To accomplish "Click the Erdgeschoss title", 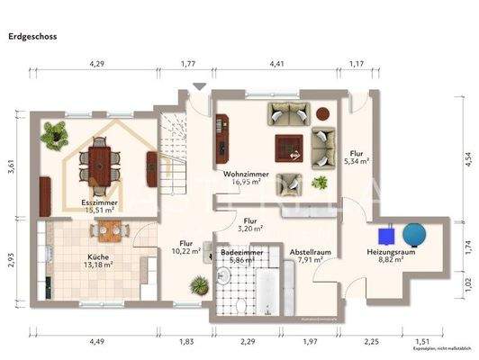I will click(x=34, y=38).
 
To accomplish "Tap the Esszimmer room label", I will click(x=100, y=204).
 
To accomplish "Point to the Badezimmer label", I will click(x=241, y=254).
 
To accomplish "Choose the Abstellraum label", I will click(x=311, y=253).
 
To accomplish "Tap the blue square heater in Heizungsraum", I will click(x=387, y=234).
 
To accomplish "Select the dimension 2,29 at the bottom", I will click(x=245, y=341).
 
